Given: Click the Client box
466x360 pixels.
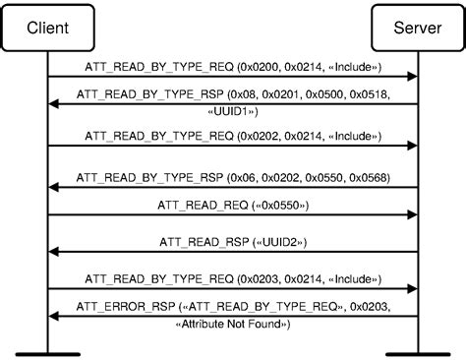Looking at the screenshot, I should (48, 28).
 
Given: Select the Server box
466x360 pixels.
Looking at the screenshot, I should (417, 28).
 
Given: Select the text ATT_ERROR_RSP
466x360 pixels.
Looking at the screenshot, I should (116, 308).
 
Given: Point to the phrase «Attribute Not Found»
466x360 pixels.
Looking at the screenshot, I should (233, 323).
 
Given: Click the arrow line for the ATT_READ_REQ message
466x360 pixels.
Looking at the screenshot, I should (233, 214).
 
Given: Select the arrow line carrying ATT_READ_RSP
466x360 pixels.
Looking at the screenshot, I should (233, 252).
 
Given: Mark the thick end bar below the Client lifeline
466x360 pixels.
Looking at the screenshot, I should (48, 351).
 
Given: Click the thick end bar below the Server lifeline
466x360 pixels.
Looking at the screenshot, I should (417, 351).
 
